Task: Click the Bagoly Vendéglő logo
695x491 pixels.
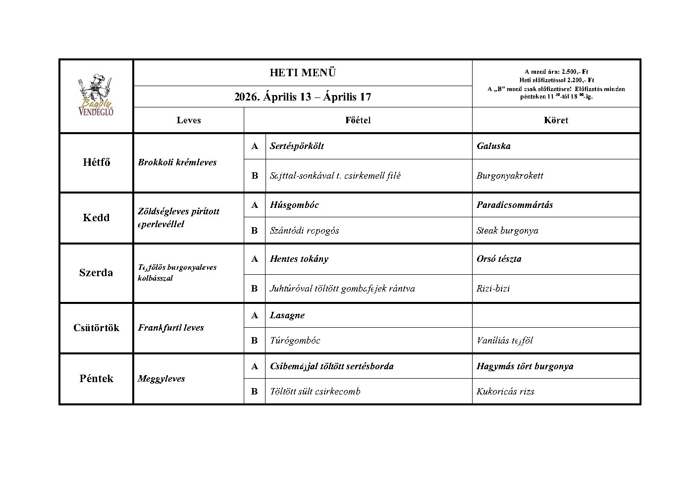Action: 96,96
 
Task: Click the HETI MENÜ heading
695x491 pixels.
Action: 303,73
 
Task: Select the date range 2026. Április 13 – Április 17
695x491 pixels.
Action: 303,97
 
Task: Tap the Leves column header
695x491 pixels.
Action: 189,120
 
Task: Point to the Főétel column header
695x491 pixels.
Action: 358,120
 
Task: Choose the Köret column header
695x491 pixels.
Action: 556,120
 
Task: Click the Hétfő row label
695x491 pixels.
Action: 96,162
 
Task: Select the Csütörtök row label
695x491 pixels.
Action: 96,328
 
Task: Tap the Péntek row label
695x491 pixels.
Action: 96,379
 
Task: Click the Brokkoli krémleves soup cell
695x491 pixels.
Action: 177,162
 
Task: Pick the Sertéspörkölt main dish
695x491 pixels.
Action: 297,146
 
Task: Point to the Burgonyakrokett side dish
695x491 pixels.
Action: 510,176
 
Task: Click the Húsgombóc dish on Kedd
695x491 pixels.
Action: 294,205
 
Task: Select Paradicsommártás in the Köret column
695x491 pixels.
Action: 515,205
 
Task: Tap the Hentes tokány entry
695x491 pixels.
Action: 299,259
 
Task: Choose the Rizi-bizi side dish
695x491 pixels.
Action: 493,289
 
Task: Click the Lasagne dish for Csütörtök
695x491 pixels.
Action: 287,315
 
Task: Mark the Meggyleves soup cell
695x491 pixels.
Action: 161,379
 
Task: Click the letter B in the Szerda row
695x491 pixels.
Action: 255,289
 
